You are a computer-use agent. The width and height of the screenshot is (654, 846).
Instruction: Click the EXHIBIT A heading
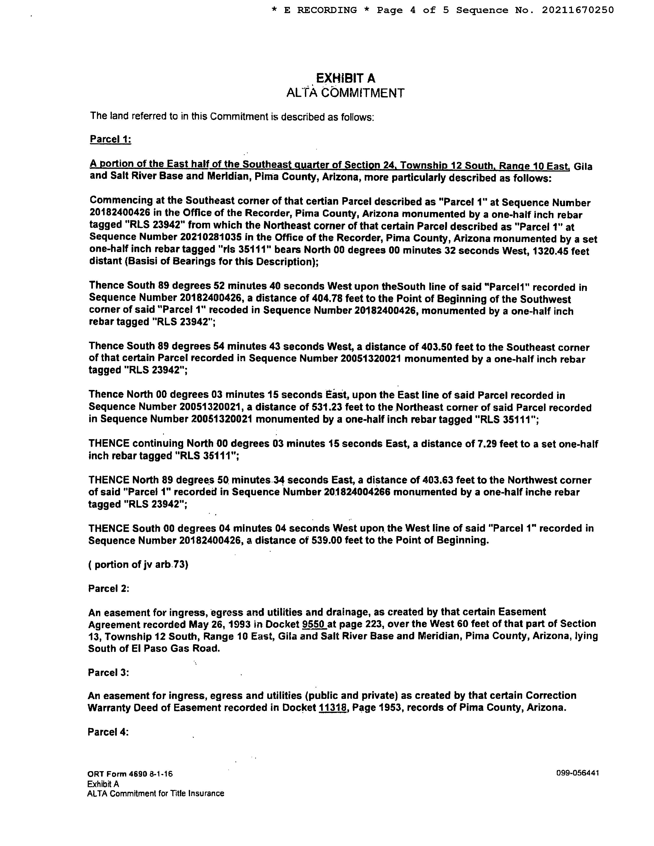(346, 79)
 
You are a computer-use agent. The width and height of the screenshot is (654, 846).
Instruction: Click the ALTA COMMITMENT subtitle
(345, 93)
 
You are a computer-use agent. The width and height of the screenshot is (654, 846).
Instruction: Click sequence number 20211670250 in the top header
(578, 10)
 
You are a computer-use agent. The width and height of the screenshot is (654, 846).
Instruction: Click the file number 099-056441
(577, 773)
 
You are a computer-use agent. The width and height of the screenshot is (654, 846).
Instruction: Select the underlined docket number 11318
(332, 707)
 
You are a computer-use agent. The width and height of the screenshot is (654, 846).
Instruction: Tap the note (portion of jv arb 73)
(138, 565)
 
